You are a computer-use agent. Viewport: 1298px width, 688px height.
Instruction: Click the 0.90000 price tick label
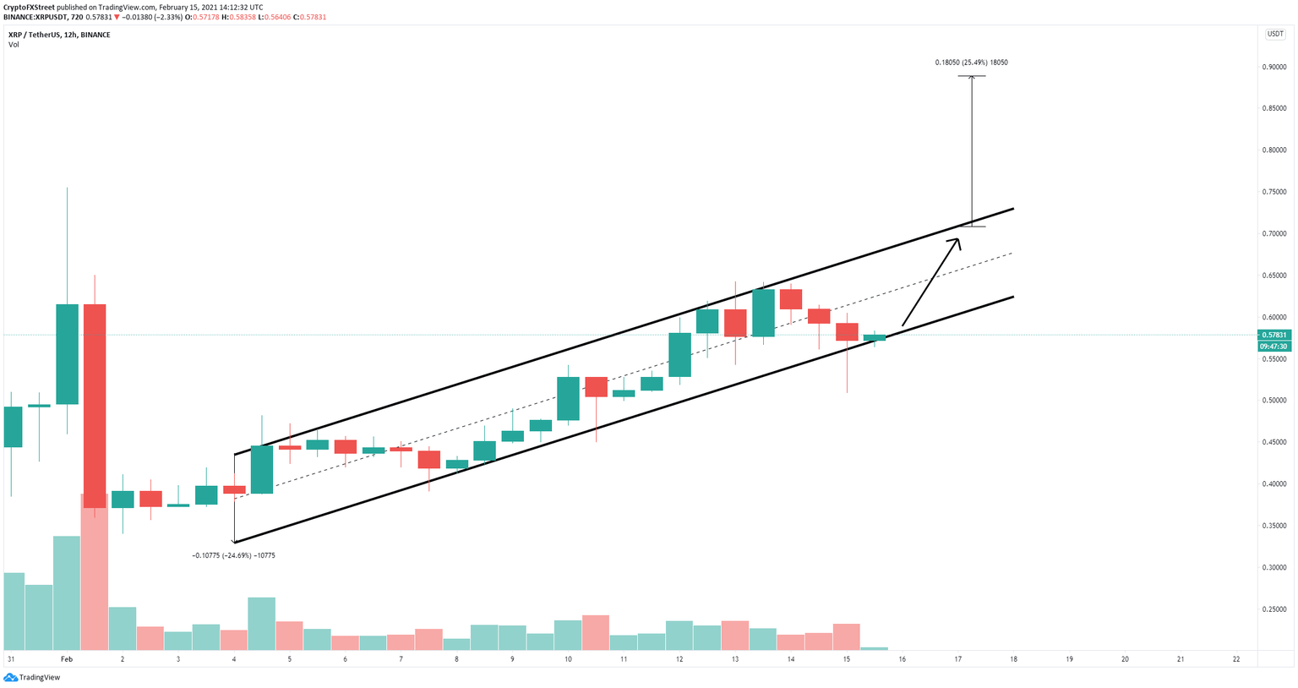[x=1273, y=67]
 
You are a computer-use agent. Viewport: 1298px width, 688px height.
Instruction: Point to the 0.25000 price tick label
[x=1273, y=609]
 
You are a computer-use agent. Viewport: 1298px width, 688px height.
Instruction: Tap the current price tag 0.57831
[x=1273, y=336]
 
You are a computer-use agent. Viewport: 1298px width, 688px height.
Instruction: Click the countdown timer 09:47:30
[x=1273, y=347]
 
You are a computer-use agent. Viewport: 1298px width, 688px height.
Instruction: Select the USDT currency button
[x=1273, y=34]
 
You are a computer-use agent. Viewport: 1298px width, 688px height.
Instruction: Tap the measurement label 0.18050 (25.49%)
[x=971, y=63]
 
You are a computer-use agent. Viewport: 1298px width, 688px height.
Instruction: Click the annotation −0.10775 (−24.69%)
[x=234, y=555]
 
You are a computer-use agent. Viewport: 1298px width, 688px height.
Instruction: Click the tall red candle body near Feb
[x=95, y=406]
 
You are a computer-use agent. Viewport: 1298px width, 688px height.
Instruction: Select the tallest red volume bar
[x=95, y=572]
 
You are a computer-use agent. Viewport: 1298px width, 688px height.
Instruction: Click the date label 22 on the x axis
[x=1236, y=659]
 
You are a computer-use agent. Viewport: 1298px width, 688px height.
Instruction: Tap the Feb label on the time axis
[x=67, y=659]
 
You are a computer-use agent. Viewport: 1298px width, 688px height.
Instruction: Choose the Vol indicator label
[x=14, y=45]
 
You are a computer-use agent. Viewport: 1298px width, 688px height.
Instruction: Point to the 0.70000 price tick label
[x=1273, y=234]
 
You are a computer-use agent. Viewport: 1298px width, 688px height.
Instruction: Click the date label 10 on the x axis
[x=568, y=659]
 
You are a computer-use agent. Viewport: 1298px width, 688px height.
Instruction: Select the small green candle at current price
[x=874, y=337]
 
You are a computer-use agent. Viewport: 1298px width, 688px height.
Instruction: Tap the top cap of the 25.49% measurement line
[x=971, y=76]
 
